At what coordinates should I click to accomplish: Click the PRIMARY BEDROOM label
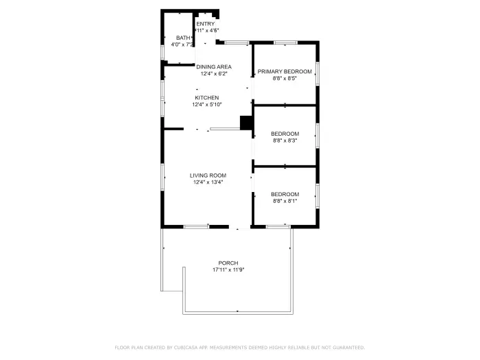pos(285,71)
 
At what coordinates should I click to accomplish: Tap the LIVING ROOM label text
pos(208,176)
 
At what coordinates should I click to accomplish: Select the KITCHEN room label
pos(206,98)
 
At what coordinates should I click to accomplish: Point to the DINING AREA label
pos(214,67)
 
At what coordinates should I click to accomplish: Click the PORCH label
pos(228,263)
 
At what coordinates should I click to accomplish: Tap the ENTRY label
pos(206,24)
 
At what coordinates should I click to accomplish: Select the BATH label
pos(183,38)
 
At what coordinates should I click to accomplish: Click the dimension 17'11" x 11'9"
pos(228,270)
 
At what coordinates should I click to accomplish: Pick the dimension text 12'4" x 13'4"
pos(208,182)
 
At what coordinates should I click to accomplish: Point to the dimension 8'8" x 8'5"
pos(285,78)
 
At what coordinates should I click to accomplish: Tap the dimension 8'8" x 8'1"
pos(285,201)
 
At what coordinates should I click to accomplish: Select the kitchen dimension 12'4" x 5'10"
pos(206,105)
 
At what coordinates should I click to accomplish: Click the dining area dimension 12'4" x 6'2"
pos(214,73)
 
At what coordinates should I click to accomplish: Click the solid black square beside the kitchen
pos(246,122)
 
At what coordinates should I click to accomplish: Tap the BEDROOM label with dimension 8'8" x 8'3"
pos(285,133)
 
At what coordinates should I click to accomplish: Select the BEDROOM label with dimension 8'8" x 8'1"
pos(285,194)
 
